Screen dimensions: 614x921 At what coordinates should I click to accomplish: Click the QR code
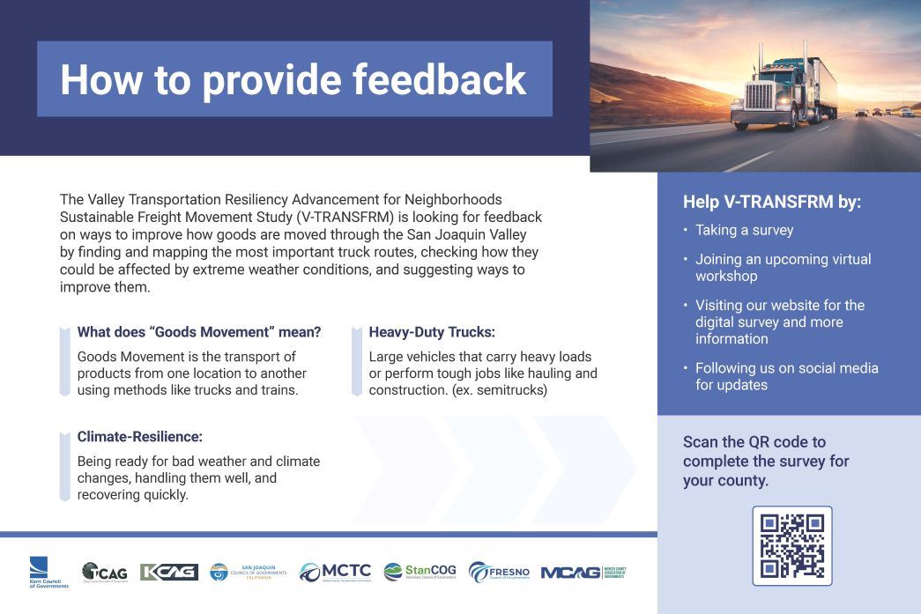point(791,545)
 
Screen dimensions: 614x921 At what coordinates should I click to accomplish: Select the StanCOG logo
point(420,573)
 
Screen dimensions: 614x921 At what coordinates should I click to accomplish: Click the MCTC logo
point(335,573)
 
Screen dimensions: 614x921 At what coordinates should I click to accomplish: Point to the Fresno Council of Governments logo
point(499,573)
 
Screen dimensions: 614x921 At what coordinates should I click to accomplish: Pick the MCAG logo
point(583,573)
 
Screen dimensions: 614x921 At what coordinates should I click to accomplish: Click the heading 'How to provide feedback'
point(293,79)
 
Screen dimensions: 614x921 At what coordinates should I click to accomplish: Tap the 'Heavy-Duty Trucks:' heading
point(432,332)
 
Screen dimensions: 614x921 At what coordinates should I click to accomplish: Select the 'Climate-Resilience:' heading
point(139,436)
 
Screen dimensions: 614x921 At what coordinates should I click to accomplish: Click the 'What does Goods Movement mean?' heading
point(199,332)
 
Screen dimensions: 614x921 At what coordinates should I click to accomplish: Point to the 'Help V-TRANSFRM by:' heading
point(771,202)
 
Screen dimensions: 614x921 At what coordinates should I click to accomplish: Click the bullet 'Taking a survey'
point(744,230)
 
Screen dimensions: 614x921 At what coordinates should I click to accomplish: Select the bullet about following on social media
point(786,376)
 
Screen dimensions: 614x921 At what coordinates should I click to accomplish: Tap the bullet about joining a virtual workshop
point(783,267)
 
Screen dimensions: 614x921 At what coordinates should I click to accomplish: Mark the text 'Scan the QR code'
point(754,442)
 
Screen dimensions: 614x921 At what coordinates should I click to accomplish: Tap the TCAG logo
point(105,573)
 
